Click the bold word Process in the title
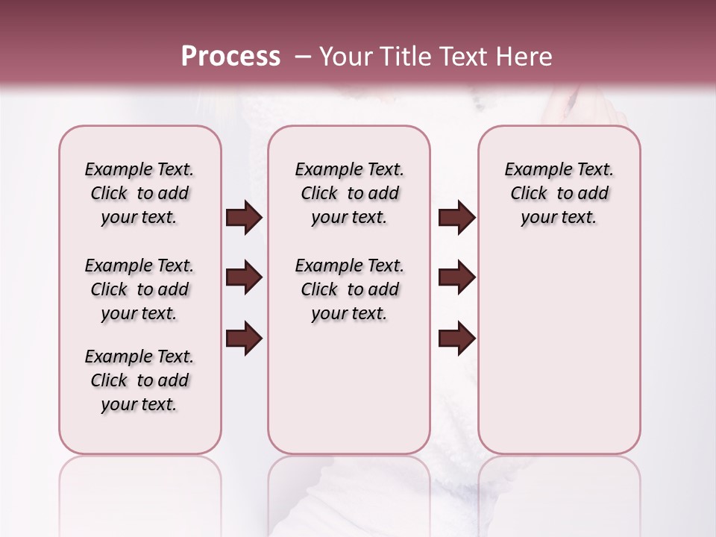tap(230, 57)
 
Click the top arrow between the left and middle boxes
tap(244, 218)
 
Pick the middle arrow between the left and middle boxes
tap(244, 278)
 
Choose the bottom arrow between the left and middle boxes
tap(244, 339)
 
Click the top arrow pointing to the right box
tap(456, 218)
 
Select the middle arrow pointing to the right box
tap(456, 278)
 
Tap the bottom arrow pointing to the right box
tap(456, 339)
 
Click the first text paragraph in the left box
tap(139, 193)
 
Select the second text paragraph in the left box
tap(139, 289)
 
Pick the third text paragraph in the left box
tap(139, 380)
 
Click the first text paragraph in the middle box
tap(350, 193)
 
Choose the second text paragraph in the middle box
tap(350, 289)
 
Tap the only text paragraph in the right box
tap(559, 193)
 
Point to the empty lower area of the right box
tap(559, 351)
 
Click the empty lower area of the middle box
tap(349, 388)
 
